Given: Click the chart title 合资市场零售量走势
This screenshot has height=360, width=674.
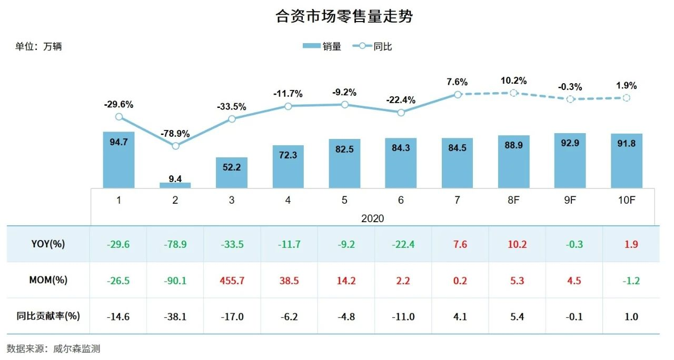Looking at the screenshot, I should pos(344,16).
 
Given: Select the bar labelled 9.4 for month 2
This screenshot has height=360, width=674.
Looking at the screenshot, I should pos(175,185).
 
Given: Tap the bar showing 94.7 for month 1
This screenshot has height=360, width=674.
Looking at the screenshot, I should pos(118,160).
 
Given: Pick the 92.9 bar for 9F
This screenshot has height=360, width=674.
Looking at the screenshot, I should pos(570,161).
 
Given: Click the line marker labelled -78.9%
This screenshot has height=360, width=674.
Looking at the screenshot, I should pos(175,146).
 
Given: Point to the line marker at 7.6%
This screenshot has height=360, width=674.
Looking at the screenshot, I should pos(458,94).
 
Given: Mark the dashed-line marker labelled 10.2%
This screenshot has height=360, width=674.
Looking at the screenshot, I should pos(514,93).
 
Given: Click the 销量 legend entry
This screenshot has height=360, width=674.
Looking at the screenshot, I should pos(322,46).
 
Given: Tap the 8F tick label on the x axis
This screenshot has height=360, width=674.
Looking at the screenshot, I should pos(514,201).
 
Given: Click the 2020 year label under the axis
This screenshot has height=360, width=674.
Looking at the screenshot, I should pos(372,218).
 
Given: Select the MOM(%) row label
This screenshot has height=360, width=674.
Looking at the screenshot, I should pos(48,280).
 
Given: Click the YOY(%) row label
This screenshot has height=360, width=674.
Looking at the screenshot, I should pos(48,244).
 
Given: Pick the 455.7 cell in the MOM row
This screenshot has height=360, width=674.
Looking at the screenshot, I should pos(232,281).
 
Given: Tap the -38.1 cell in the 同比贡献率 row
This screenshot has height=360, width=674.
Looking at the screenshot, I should pos(175,317).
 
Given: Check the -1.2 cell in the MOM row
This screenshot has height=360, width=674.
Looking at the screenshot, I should pos(627,281).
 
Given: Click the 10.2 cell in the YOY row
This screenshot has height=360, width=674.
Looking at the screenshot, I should pos(514,244).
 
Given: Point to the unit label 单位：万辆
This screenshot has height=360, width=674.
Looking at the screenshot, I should pos(38,46).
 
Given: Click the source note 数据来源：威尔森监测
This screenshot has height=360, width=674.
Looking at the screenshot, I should pos(53,348).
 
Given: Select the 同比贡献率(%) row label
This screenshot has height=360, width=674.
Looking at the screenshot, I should pos(48,316).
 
